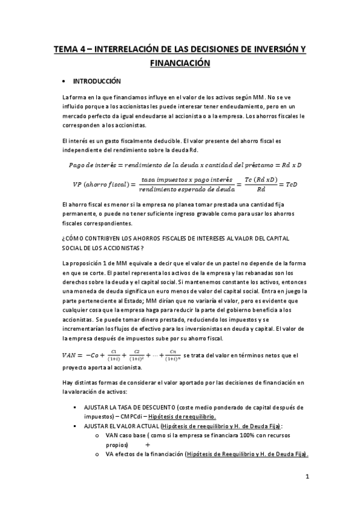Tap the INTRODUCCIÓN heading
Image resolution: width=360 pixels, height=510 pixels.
click(97, 81)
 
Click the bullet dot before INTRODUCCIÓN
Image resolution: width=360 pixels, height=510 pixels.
click(64, 81)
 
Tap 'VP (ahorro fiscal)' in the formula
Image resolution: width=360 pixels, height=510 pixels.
click(97, 184)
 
